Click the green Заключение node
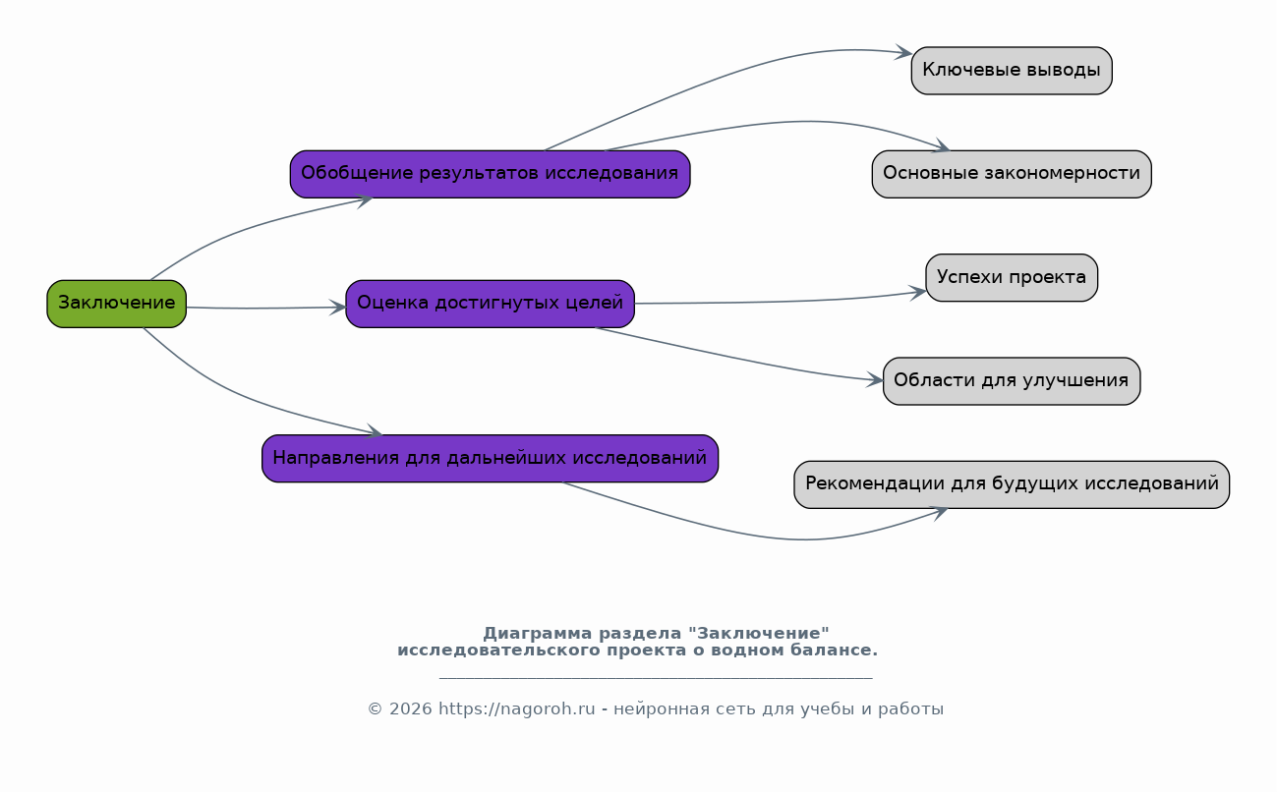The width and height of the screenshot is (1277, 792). (x=116, y=304)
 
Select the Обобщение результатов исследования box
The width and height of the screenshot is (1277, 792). (x=490, y=174)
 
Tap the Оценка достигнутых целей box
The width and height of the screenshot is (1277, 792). (x=490, y=304)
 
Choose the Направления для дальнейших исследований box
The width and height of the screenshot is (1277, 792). (x=490, y=459)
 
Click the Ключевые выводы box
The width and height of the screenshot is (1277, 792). (x=1012, y=71)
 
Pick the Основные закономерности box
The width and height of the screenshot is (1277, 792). (x=1012, y=174)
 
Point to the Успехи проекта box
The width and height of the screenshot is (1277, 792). (x=1012, y=278)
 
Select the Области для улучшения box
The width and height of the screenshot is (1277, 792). (x=1012, y=381)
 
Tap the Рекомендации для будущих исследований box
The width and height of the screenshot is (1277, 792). (x=1012, y=484)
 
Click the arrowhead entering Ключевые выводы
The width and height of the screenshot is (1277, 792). (x=904, y=52)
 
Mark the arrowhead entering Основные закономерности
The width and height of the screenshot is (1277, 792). (x=941, y=146)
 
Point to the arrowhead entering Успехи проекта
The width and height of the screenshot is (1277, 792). (x=917, y=293)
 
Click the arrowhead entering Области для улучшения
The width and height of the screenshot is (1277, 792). (x=875, y=380)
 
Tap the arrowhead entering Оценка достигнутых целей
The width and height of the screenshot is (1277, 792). (x=337, y=308)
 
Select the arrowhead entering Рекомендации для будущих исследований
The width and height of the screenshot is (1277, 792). (x=940, y=513)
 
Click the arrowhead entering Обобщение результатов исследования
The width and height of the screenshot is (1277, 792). (x=364, y=200)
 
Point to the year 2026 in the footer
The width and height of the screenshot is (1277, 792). (x=411, y=709)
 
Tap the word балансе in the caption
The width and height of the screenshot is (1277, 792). (x=834, y=651)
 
